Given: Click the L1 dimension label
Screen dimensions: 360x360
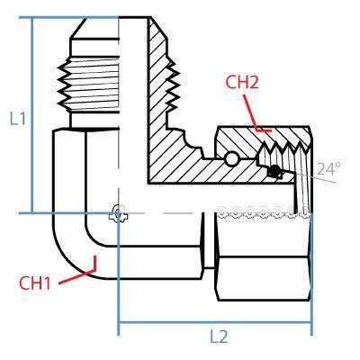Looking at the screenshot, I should click(x=15, y=118).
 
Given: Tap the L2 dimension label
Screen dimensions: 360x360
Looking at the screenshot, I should click(x=218, y=337).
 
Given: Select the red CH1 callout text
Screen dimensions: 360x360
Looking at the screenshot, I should click(x=35, y=283).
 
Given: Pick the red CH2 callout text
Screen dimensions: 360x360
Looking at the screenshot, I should click(x=242, y=82).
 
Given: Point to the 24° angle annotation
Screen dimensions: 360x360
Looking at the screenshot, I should click(x=329, y=168).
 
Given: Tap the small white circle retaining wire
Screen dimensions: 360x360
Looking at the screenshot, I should click(x=233, y=159).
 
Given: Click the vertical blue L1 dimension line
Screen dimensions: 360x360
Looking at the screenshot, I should click(x=32, y=117).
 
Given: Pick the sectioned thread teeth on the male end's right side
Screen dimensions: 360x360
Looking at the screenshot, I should click(x=169, y=85).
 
